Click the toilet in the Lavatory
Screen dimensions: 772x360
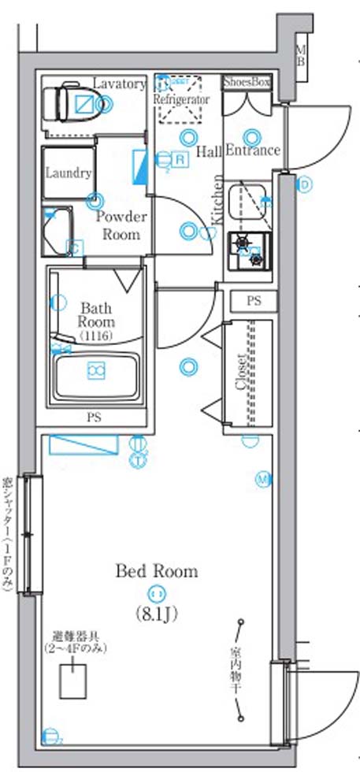71,103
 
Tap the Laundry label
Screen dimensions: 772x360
68,173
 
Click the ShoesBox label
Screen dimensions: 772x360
247,81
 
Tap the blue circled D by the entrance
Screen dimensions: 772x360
305,185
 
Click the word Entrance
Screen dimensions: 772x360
252,150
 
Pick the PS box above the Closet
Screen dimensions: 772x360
252,301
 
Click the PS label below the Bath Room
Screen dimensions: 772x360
94,418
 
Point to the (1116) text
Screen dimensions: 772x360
95,336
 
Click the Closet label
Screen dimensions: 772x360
242,371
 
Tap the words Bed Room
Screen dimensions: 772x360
157,571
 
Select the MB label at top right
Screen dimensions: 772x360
300,56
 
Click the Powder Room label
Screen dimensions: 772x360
121,225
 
